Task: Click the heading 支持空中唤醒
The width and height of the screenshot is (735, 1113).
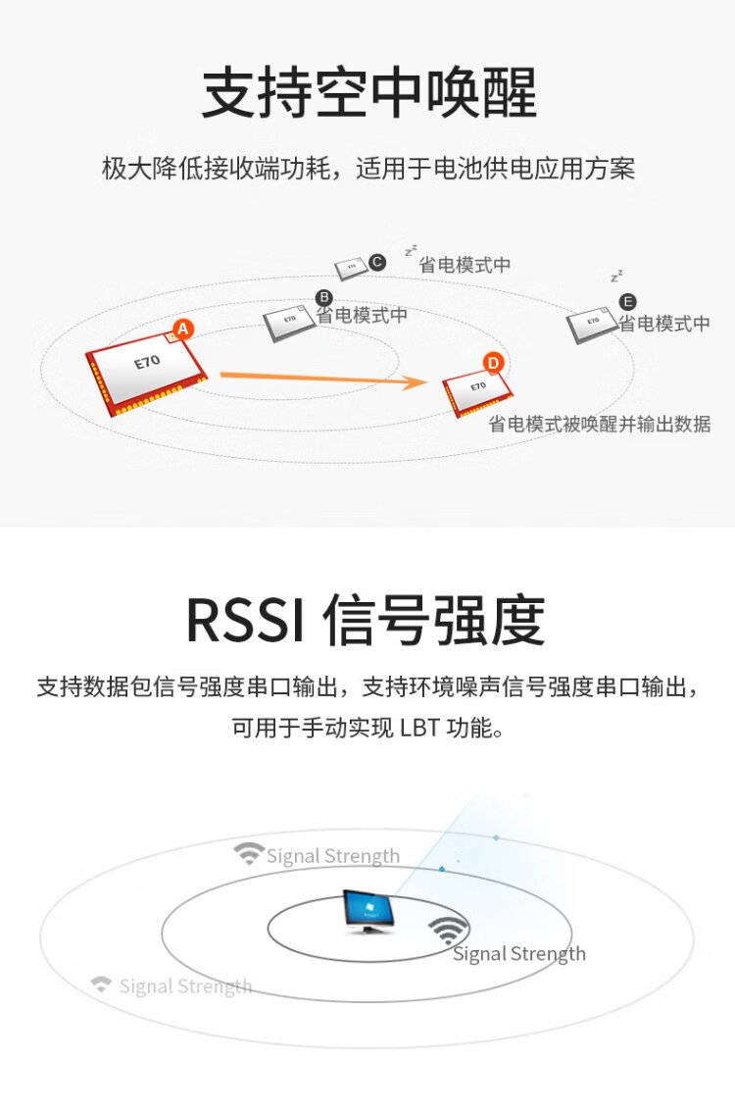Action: click(x=368, y=93)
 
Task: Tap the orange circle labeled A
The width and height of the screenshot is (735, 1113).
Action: click(x=183, y=329)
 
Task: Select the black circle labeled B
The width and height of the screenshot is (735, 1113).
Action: click(x=323, y=297)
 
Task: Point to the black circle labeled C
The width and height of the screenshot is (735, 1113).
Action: click(x=377, y=263)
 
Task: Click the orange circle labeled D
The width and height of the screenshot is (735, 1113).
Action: click(x=493, y=364)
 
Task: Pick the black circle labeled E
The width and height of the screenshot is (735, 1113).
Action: click(x=627, y=302)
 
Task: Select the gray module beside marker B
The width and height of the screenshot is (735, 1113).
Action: click(x=289, y=324)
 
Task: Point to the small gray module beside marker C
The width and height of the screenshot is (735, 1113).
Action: click(x=351, y=268)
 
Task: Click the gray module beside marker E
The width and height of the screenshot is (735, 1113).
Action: click(x=592, y=326)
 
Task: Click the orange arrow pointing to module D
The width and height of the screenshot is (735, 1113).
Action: click(x=323, y=379)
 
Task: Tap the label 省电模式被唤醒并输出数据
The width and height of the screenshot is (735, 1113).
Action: click(x=600, y=424)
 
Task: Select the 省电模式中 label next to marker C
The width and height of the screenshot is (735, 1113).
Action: click(x=465, y=265)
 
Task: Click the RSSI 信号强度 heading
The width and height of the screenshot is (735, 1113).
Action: click(x=366, y=621)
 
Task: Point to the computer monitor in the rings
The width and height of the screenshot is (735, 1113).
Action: click(x=367, y=912)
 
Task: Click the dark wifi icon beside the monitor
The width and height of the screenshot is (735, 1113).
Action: click(x=448, y=930)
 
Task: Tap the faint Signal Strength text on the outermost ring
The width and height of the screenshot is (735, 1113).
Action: click(x=185, y=987)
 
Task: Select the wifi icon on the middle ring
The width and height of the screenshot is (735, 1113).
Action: click(x=249, y=852)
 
